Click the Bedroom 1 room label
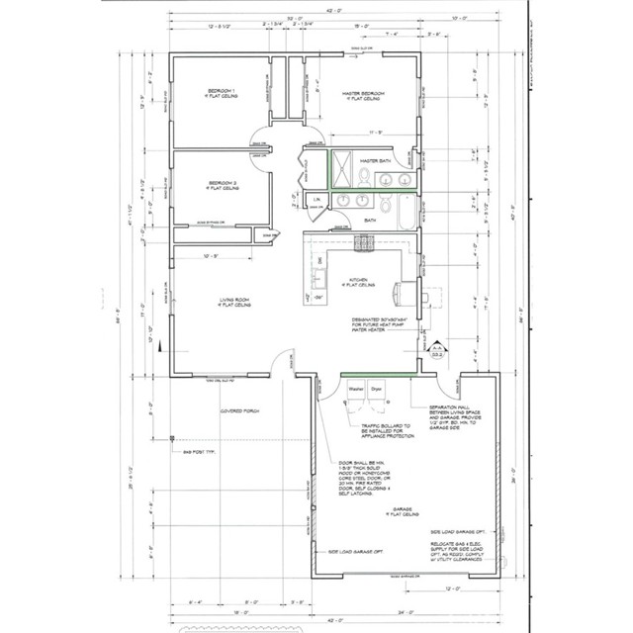click(x=222, y=96)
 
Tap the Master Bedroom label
click(x=363, y=96)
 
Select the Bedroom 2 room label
click(x=222, y=185)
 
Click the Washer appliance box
click(x=355, y=403)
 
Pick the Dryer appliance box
click(x=377, y=403)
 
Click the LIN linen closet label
click(x=316, y=201)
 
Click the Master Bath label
click(x=377, y=159)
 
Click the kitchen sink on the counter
click(x=318, y=273)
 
